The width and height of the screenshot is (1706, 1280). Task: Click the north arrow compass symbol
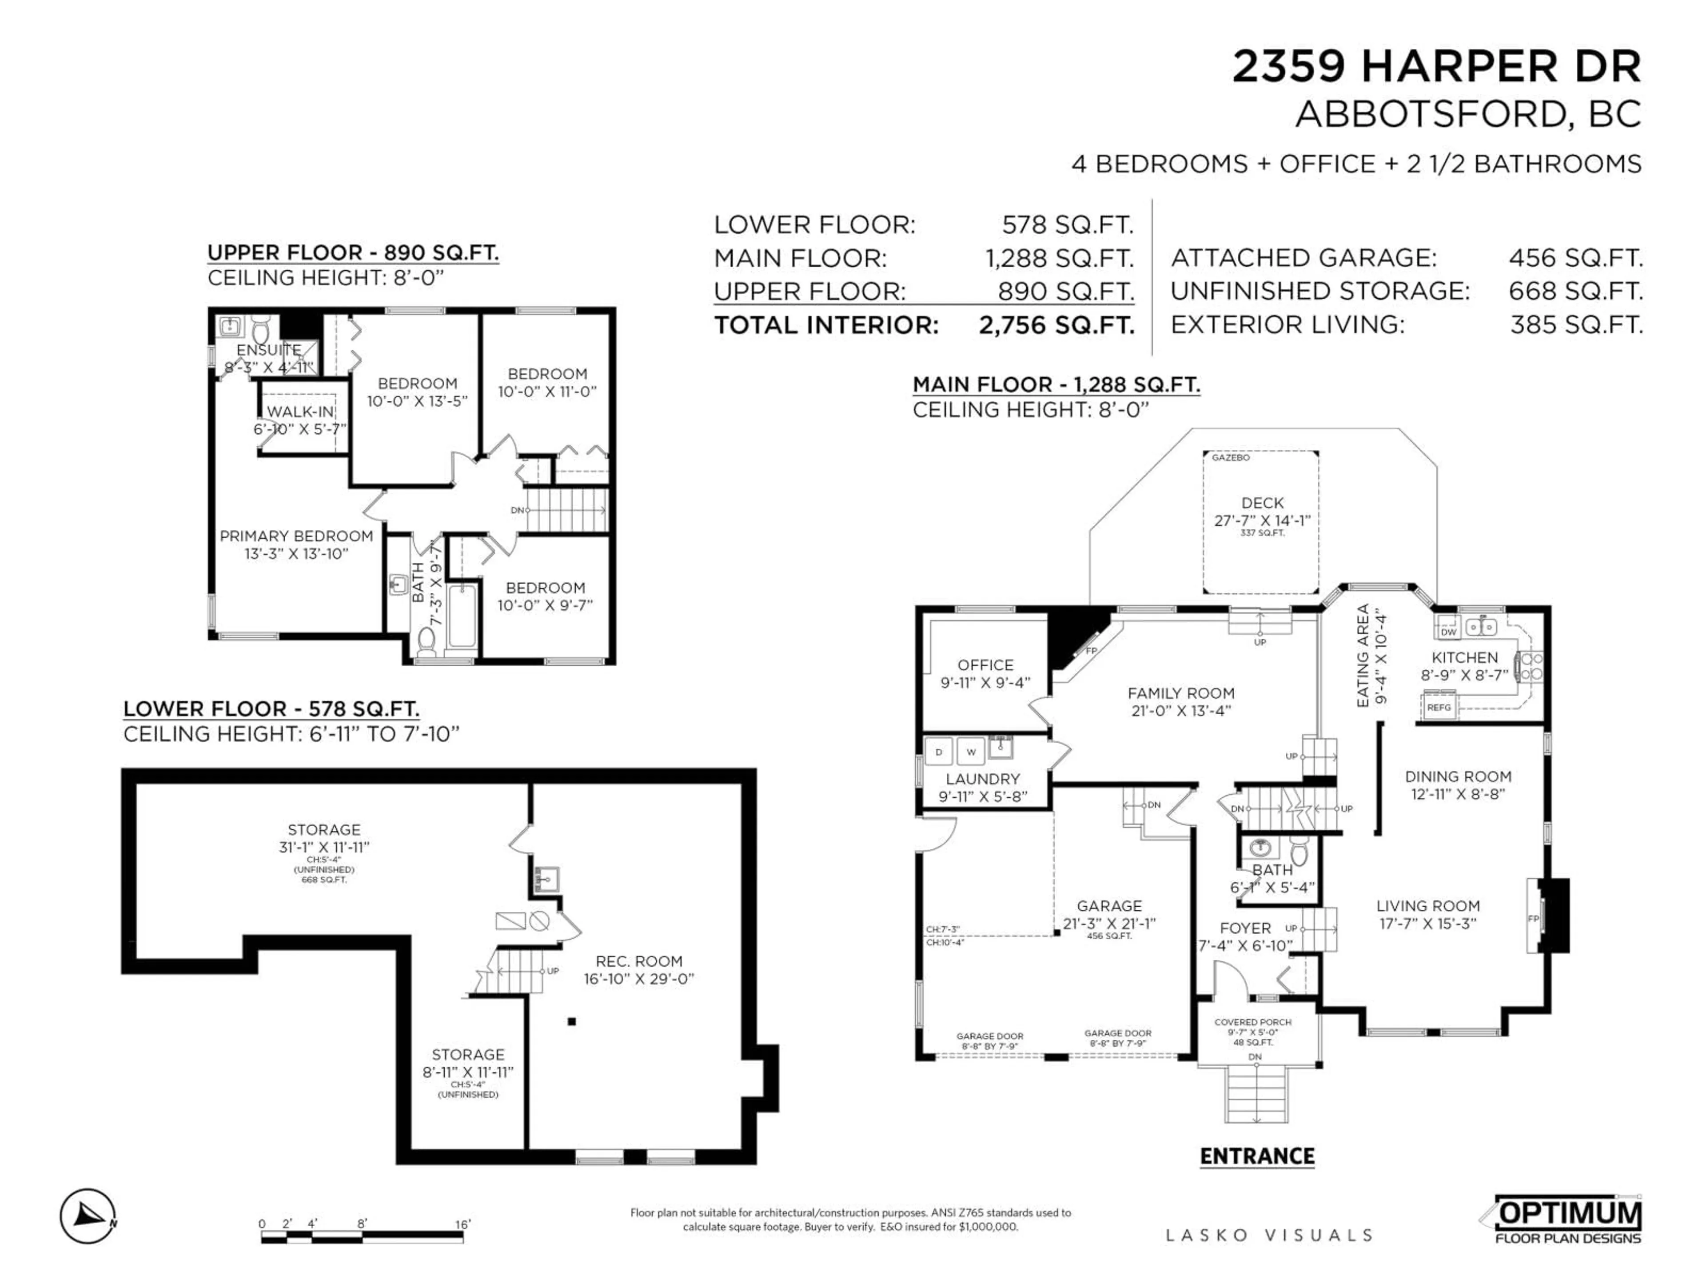point(88,1216)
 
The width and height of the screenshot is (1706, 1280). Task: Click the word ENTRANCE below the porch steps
point(1257,1156)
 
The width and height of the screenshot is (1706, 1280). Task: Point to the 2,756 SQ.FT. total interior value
point(1056,325)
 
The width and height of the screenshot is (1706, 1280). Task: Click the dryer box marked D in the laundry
point(939,752)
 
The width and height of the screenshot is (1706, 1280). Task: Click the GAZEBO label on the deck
point(1231,457)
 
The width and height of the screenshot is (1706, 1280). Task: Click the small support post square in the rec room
point(571,1021)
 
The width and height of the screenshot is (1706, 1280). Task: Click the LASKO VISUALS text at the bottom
point(1269,1235)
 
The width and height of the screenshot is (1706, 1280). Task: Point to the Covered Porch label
point(1252,1022)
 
